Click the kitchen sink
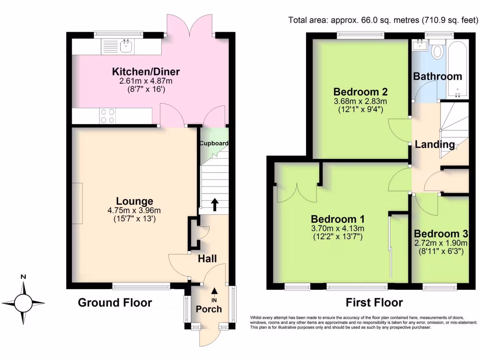[125, 46]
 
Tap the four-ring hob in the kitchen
[107, 116]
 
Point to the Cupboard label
[213, 143]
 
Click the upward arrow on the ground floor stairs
[215, 204]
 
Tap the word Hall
[207, 258]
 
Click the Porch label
[209, 309]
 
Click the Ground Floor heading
[115, 303]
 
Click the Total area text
[382, 20]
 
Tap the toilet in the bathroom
[438, 51]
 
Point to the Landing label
[435, 144]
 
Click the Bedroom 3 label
[441, 234]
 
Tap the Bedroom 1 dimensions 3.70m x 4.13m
[337, 229]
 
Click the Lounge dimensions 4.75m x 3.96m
[135, 210]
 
